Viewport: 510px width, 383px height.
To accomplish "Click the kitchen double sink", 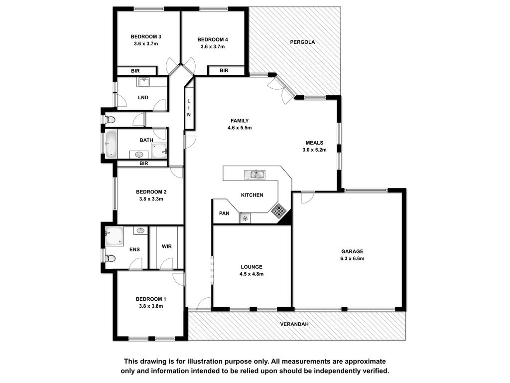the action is (255, 175).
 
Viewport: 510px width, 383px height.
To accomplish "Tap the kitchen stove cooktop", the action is (279, 211).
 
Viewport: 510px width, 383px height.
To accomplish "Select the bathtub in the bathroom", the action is (111, 144).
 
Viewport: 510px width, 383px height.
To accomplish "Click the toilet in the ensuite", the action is (110, 259).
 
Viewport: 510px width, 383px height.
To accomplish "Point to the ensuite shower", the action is (114, 236).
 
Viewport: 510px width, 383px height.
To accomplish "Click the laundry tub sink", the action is (143, 82).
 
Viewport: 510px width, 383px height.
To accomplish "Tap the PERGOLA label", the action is (302, 42).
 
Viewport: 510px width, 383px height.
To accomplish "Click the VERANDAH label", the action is (294, 324).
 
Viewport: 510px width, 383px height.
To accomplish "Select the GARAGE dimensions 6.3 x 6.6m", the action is (352, 259).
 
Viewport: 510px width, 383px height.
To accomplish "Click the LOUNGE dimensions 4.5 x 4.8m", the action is (252, 274).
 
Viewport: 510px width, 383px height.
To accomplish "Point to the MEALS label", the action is (315, 143).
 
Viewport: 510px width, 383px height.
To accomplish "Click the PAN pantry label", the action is (224, 213).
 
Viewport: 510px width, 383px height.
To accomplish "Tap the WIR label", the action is (166, 246).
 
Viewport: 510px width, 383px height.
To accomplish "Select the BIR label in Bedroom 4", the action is (224, 70).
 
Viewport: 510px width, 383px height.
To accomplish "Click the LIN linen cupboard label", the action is (189, 108).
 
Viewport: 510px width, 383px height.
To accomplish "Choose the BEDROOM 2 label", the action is (151, 192).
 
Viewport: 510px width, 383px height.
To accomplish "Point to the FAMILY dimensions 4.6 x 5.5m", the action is (240, 128).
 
